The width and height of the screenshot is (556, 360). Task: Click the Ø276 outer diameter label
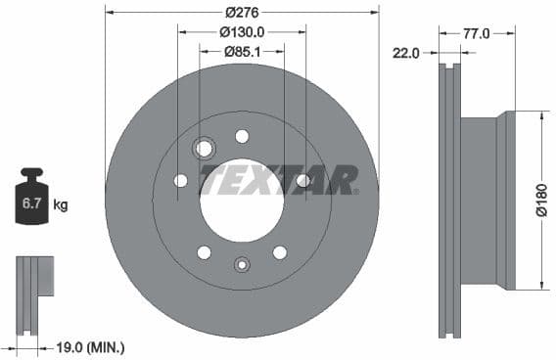[x=241, y=12]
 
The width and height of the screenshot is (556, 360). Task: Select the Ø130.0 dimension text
[x=241, y=31]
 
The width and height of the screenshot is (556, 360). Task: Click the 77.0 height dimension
[x=476, y=33]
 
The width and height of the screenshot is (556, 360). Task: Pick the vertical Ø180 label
[x=540, y=201]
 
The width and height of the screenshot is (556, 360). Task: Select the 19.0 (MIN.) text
[x=90, y=346]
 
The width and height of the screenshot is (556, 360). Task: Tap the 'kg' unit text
[x=61, y=204]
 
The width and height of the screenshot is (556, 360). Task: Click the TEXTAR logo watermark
[x=279, y=180]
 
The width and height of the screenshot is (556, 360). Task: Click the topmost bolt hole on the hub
[x=242, y=136]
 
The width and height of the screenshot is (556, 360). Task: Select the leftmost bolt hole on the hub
[x=180, y=180]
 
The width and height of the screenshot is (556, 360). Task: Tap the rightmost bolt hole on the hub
[x=302, y=180]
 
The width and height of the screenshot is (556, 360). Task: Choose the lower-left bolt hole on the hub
[x=204, y=252]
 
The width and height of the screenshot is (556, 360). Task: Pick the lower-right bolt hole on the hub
[x=280, y=252]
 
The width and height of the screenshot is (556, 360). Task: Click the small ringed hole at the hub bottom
[x=242, y=262]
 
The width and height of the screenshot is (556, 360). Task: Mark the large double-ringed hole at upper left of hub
[x=205, y=149]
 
